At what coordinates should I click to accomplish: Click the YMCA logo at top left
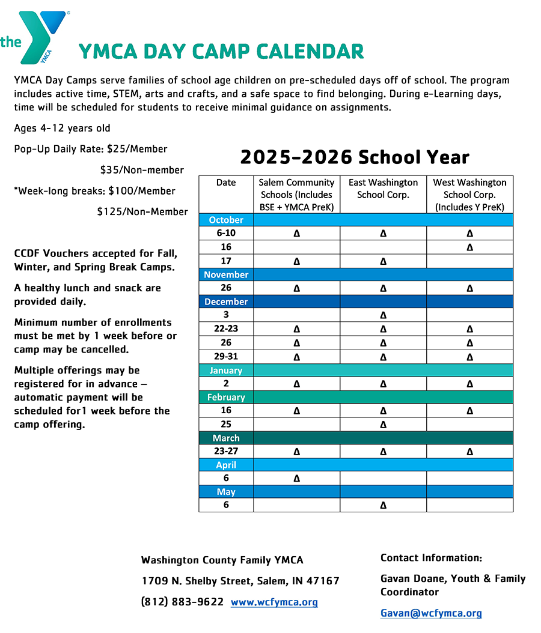pyautogui.click(x=35, y=37)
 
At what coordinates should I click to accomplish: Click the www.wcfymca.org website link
pyautogui.click(x=274, y=602)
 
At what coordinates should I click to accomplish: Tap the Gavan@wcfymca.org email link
pyautogui.click(x=431, y=613)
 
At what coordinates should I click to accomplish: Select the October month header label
pyautogui.click(x=226, y=220)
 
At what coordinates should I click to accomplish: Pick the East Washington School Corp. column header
pyautogui.click(x=383, y=189)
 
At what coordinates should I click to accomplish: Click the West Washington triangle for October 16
pyautogui.click(x=469, y=247)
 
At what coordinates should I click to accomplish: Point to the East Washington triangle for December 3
pyautogui.click(x=383, y=315)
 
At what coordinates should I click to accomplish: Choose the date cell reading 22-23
pyautogui.click(x=226, y=329)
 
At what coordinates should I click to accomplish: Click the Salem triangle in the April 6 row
pyautogui.click(x=296, y=479)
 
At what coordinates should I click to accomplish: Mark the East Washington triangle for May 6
pyautogui.click(x=383, y=506)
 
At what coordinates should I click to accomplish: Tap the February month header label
pyautogui.click(x=226, y=397)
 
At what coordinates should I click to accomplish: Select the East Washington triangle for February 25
pyautogui.click(x=383, y=425)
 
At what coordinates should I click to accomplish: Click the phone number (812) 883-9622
pyautogui.click(x=182, y=602)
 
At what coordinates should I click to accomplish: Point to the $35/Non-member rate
pyautogui.click(x=142, y=170)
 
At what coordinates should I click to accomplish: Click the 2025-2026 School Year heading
pyautogui.click(x=355, y=157)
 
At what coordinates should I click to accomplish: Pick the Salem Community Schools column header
pyautogui.click(x=296, y=195)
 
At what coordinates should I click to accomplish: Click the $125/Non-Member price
pyautogui.click(x=142, y=211)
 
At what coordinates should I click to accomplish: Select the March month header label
pyautogui.click(x=226, y=438)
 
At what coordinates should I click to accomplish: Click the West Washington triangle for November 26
pyautogui.click(x=469, y=288)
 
